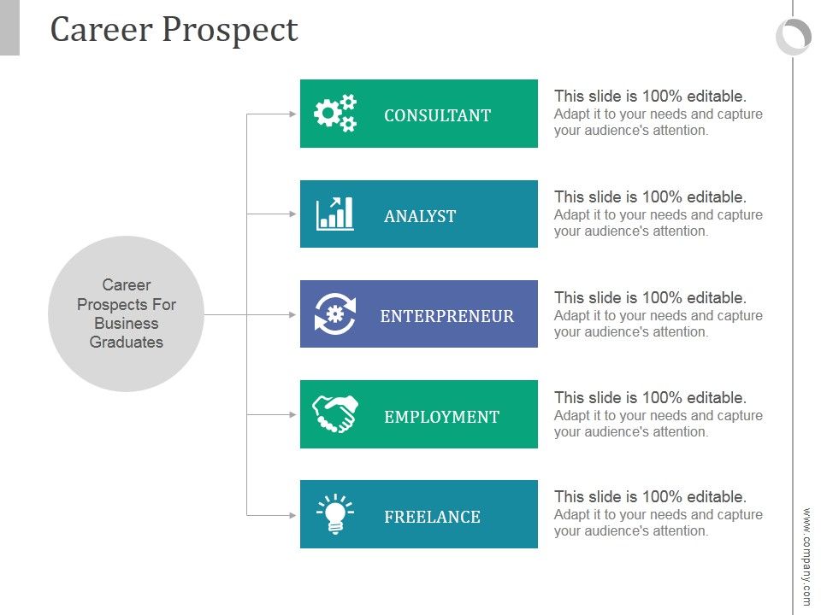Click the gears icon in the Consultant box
pyautogui.click(x=334, y=114)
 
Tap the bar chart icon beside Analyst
pyautogui.click(x=334, y=214)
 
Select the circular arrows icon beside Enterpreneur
pyautogui.click(x=334, y=314)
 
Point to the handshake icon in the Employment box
pyautogui.click(x=334, y=414)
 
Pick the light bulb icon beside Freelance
pyautogui.click(x=334, y=514)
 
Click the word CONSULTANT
pyautogui.click(x=437, y=115)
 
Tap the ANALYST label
pyautogui.click(x=420, y=216)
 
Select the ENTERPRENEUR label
pyautogui.click(x=447, y=316)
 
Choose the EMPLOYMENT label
pyautogui.click(x=441, y=417)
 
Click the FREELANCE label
pyautogui.click(x=432, y=517)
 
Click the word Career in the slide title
pyautogui.click(x=101, y=30)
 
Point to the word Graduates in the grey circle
pyautogui.click(x=127, y=343)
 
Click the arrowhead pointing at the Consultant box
pyautogui.click(x=294, y=114)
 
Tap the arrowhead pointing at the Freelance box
pyautogui.click(x=294, y=515)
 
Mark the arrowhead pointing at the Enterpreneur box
pyautogui.click(x=294, y=314)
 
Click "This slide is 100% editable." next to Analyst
pyautogui.click(x=650, y=197)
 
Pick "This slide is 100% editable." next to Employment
pyautogui.click(x=650, y=398)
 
